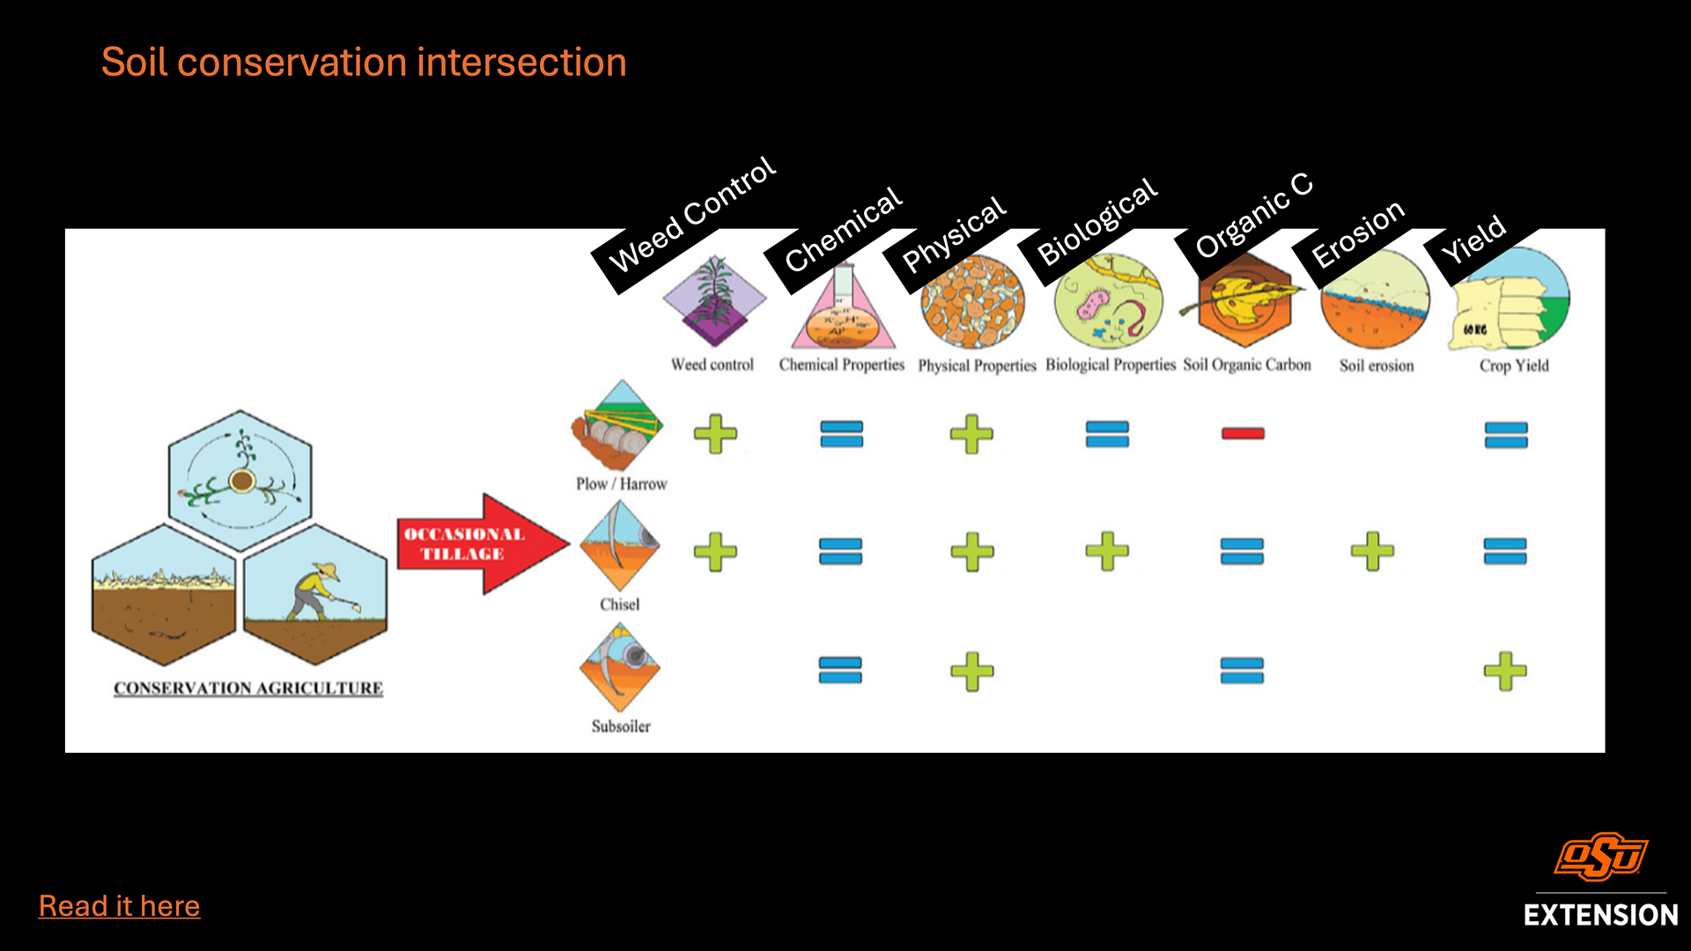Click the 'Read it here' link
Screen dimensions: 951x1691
(119, 906)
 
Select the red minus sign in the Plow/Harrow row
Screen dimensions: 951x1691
(1243, 433)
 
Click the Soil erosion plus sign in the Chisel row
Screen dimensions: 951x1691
(1372, 551)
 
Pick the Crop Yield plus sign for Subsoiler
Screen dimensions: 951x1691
(1505, 671)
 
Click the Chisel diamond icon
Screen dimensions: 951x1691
(620, 547)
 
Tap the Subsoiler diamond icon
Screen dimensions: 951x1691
(620, 667)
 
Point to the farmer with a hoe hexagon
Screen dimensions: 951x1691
(315, 594)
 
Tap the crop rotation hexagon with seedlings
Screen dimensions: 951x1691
(240, 481)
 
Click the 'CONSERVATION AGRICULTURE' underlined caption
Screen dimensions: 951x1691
(248, 689)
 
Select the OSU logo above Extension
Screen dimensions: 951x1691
(1600, 857)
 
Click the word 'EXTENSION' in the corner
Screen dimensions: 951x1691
(1600, 915)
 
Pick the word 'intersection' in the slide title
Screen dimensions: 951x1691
(521, 63)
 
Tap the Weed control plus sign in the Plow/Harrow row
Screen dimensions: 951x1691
(715, 433)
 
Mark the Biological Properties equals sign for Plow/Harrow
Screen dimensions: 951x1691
(1107, 433)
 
